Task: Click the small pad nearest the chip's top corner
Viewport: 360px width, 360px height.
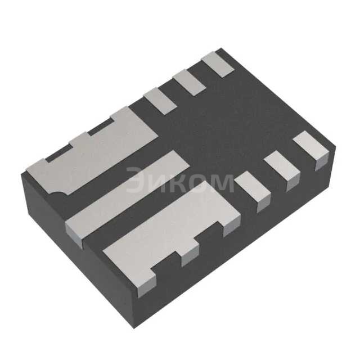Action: point(218,63)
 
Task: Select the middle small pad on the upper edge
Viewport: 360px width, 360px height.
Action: point(189,81)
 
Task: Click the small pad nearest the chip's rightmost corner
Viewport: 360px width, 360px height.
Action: point(312,147)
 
